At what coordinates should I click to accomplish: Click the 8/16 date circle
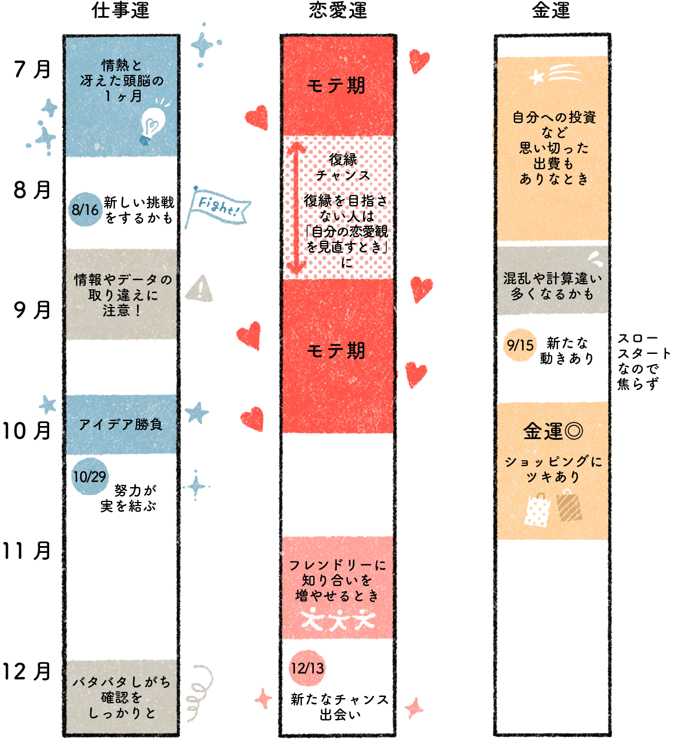pyautogui.click(x=85, y=210)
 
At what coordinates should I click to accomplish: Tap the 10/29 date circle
pyautogui.click(x=90, y=477)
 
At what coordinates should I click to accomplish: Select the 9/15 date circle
pyautogui.click(x=520, y=345)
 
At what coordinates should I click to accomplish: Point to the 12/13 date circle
pyautogui.click(x=307, y=668)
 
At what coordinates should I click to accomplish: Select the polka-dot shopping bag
pyautogui.click(x=537, y=511)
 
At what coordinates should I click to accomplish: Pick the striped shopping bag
pyautogui.click(x=569, y=506)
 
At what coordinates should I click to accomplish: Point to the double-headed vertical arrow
pyautogui.click(x=296, y=207)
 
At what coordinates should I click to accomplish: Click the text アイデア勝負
pyautogui.click(x=121, y=425)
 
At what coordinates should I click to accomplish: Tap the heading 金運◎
pyautogui.click(x=553, y=431)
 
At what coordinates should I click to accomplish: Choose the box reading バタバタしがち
pyautogui.click(x=121, y=697)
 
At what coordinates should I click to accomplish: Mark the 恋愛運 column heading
pyautogui.click(x=337, y=10)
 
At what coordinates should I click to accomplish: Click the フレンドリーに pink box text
pyautogui.click(x=337, y=580)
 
